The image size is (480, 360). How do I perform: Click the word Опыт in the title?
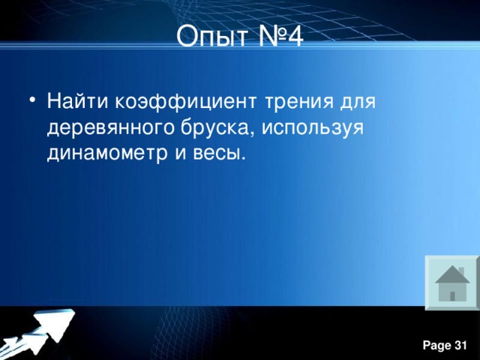coord(209,35)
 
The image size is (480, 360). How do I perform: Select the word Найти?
coord(74,100)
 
